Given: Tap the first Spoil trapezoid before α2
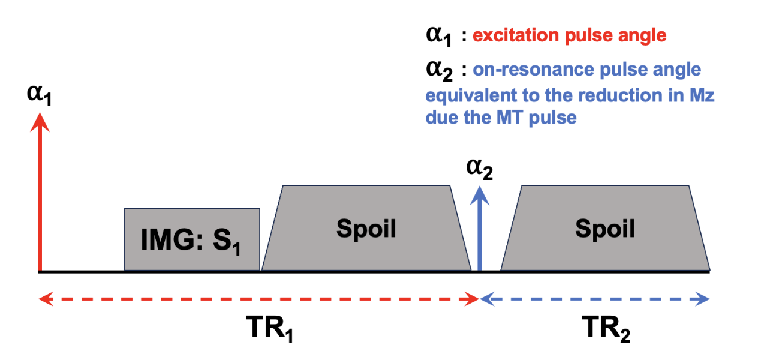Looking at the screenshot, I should pyautogui.click(x=366, y=229).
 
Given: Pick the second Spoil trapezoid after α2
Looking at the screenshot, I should pyautogui.click(x=605, y=229).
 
